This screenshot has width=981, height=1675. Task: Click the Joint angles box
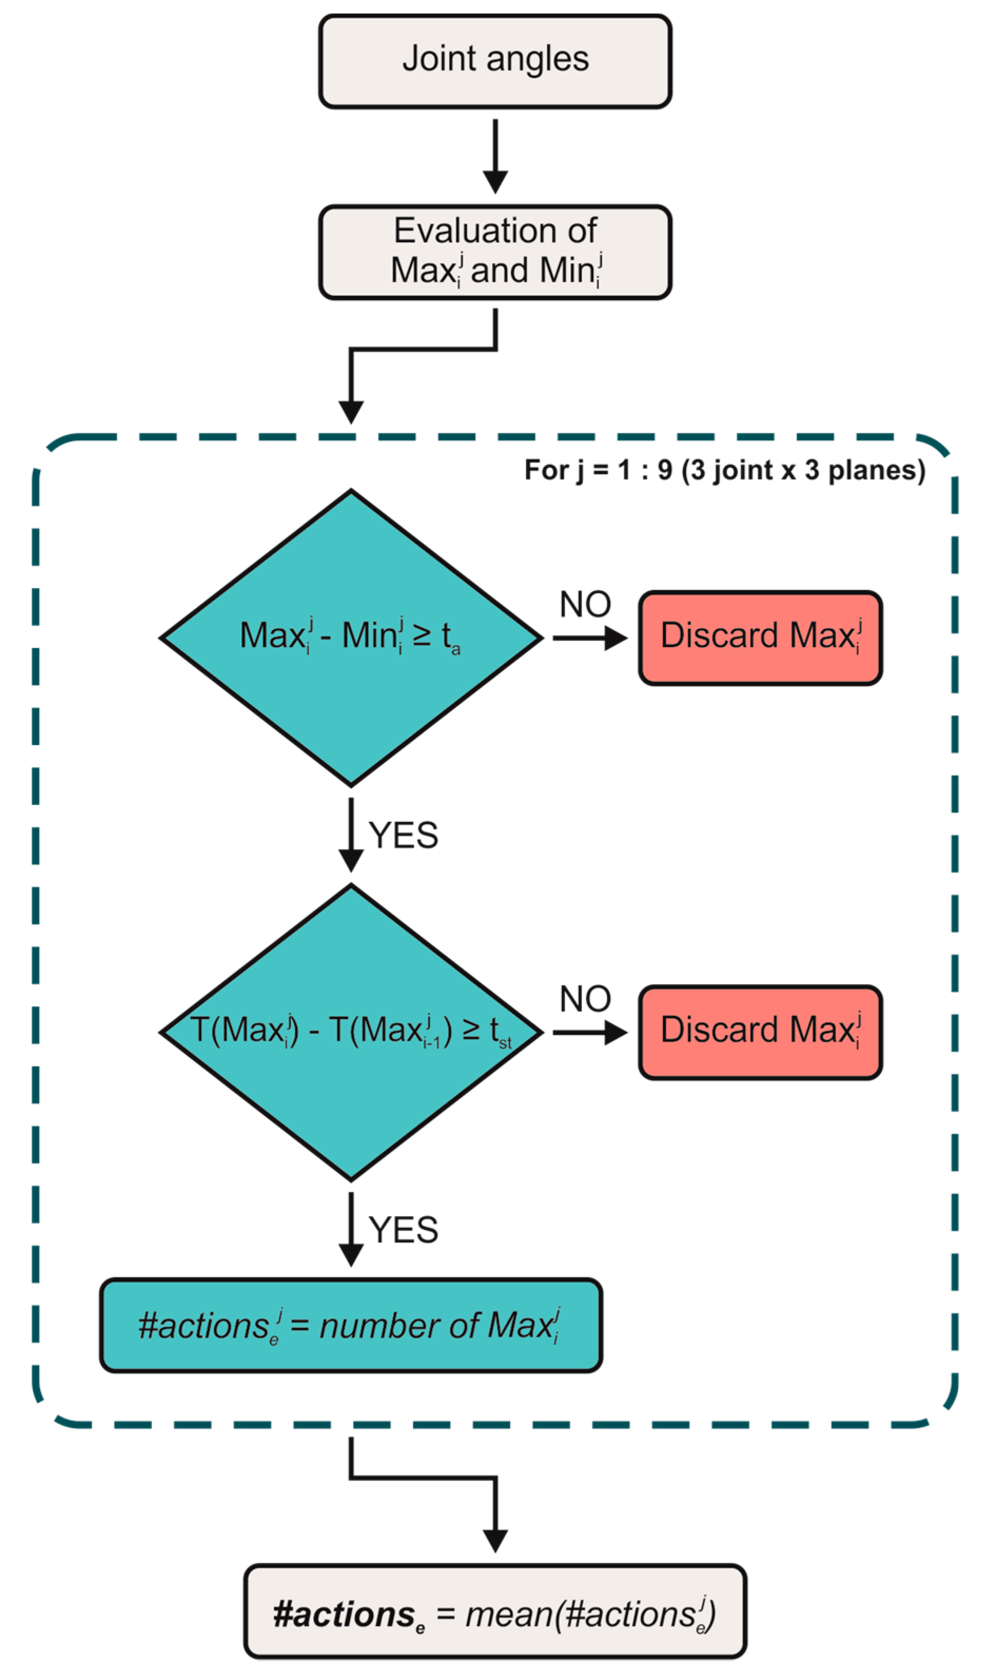point(495,61)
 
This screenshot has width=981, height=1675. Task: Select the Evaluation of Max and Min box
point(495,252)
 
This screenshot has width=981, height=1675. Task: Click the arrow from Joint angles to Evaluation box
point(495,156)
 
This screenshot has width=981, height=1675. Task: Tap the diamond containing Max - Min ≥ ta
point(351,638)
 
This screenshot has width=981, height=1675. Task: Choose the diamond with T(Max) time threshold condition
point(351,1032)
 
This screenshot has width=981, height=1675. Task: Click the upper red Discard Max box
point(760,638)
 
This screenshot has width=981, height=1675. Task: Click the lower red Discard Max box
point(760,1032)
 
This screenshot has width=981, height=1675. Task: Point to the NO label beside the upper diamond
point(585,604)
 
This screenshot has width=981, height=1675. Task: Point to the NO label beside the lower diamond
point(585,999)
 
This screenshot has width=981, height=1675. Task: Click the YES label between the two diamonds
point(404,835)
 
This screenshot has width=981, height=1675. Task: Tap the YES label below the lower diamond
point(404,1230)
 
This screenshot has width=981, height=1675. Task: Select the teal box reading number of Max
point(351,1325)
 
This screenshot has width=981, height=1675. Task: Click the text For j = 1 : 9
point(598,471)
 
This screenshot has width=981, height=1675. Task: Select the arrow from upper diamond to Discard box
point(590,638)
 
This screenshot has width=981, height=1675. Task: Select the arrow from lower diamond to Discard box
point(590,1032)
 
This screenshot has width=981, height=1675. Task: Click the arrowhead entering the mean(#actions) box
point(495,1541)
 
